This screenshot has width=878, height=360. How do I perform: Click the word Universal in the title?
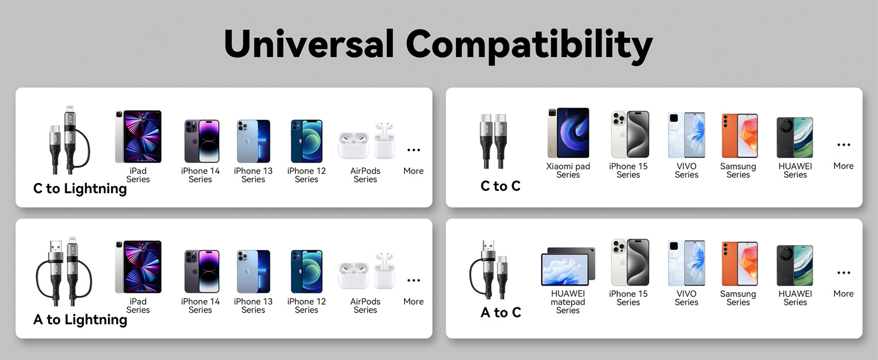point(308,44)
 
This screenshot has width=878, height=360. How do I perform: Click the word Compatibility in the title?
point(529,44)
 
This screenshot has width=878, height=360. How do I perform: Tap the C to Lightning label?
point(80,188)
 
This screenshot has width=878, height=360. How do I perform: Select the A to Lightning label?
point(80,319)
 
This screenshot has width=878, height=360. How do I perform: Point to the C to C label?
point(500,186)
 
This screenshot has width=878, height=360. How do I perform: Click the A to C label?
point(500,312)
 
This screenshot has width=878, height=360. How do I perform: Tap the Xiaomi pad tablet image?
point(568,133)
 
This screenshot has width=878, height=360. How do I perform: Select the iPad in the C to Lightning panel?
point(138,137)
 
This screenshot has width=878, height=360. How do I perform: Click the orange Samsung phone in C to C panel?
point(738,136)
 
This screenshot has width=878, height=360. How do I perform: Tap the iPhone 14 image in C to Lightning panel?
point(201,142)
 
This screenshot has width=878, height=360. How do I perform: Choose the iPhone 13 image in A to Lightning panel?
point(253,272)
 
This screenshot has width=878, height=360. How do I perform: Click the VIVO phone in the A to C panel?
point(686,263)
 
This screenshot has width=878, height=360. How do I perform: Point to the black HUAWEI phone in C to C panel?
point(795,138)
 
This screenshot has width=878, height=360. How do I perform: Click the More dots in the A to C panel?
point(843,273)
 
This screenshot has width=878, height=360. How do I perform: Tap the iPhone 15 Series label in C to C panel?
point(628,170)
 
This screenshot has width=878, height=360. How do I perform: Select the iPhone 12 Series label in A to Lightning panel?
point(306,305)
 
